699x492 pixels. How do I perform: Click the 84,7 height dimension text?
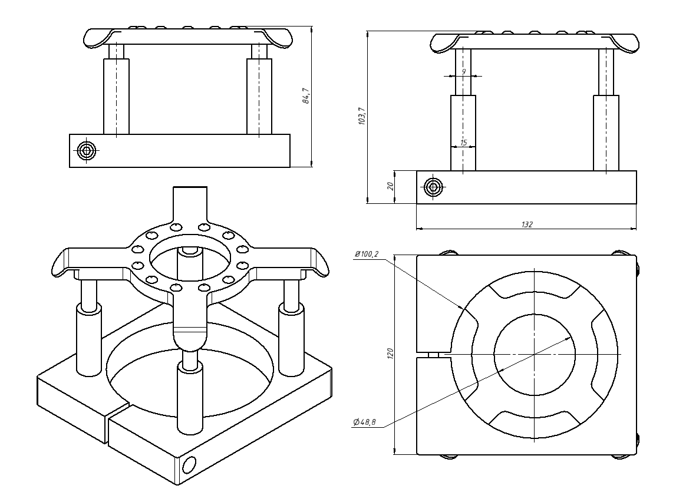coord(306,96)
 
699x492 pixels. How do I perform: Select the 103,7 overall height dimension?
coord(362,116)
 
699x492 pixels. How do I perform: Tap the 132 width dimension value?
coord(527,224)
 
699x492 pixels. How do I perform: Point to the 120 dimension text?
coord(391,354)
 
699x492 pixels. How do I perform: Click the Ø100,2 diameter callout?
coord(367,254)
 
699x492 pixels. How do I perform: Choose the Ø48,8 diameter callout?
coord(364,421)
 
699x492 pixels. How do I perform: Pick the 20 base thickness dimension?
coord(391,186)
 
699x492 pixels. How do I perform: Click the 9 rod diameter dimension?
coord(464,71)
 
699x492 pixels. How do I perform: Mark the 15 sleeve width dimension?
coord(464,143)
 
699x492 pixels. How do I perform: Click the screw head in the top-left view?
coord(87,150)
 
